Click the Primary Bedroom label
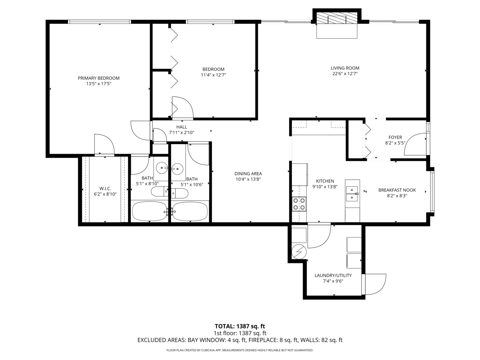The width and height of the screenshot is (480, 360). pos(99,78)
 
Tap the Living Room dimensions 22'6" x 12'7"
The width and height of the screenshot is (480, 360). pos(345,74)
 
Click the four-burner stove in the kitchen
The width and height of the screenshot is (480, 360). pos(299,204)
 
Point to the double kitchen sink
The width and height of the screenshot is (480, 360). pos(352,194)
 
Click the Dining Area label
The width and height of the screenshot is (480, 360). pos(248,174)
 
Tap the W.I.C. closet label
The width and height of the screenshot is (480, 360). pos(105,188)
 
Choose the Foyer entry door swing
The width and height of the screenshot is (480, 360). pos(415,144)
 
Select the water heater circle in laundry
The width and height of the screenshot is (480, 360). pos(299,252)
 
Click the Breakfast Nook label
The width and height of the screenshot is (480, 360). pos(397,190)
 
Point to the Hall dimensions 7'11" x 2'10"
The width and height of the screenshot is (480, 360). pos(182,132)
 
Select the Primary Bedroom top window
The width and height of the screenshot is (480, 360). pos(99,22)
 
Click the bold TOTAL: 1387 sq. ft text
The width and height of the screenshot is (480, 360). pos(240,326)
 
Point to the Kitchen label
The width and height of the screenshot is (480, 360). pos(325,181)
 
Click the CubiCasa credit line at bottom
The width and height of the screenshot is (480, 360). pos(240,350)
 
